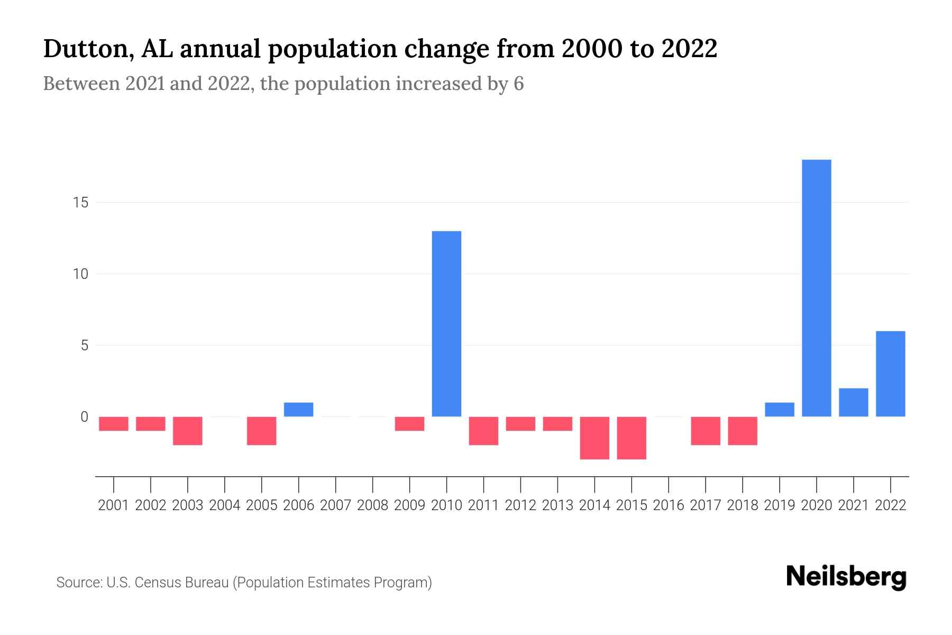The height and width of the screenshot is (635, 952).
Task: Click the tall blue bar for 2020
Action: click(816, 288)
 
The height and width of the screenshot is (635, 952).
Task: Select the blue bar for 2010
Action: click(446, 324)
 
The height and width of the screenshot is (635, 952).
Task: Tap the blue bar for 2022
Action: click(890, 374)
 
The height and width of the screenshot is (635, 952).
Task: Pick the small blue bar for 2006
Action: click(298, 410)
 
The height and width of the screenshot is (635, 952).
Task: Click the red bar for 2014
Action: click(594, 438)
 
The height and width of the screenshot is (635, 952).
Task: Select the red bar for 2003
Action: click(188, 431)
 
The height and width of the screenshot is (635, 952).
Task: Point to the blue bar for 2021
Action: click(853, 402)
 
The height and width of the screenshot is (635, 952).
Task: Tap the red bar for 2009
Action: click(409, 424)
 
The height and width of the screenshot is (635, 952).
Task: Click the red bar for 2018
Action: click(743, 431)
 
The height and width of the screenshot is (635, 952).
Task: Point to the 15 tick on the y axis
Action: click(80, 203)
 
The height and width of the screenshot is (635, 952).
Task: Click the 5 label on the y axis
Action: click(84, 346)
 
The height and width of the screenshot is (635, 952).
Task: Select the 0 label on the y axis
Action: click(84, 417)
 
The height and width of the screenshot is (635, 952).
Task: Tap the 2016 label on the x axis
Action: click(669, 505)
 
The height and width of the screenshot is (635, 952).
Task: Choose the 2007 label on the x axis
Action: click(335, 505)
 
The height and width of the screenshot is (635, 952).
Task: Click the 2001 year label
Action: click(114, 505)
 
